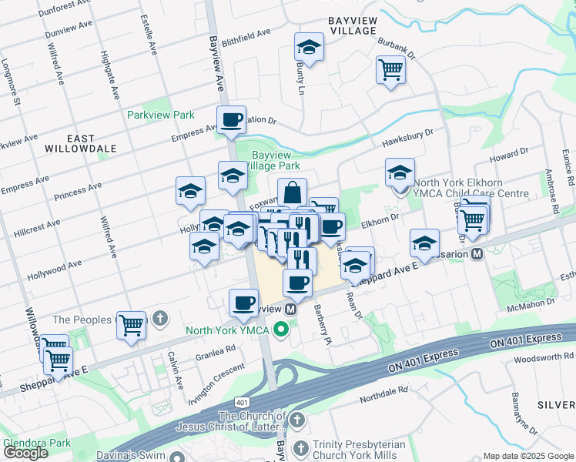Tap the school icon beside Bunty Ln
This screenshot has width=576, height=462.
309,48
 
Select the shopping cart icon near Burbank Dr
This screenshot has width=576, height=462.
391,70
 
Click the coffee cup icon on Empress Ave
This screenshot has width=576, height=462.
231,121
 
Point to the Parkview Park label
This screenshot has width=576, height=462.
161,114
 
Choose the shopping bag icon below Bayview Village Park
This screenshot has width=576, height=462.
292,192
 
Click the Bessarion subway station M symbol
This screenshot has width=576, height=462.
477,253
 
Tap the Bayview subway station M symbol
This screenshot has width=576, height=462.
290,308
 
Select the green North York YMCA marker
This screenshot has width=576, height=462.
281,331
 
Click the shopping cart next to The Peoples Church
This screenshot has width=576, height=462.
132,323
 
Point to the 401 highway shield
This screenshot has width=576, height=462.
243,403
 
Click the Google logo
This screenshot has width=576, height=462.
26,453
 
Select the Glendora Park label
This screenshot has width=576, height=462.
37,444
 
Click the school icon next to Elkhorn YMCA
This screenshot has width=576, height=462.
400,173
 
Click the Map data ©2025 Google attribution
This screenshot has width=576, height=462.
528,456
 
